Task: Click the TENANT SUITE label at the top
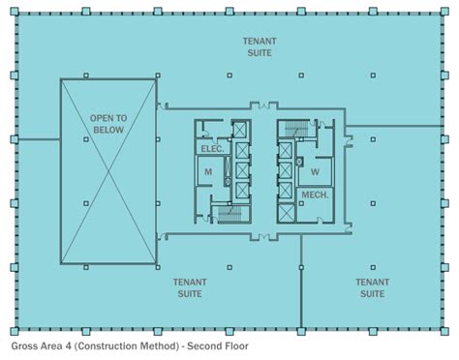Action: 258,47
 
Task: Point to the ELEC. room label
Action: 212,149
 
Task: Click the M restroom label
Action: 207,172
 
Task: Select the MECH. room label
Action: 315,195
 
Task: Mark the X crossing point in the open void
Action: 108,171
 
